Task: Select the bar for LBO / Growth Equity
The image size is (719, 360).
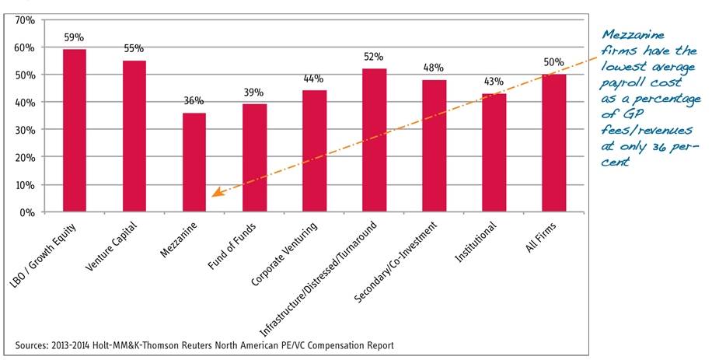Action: [x=75, y=130]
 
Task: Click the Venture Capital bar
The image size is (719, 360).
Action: [x=134, y=136]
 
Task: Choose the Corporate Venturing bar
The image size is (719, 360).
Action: [x=314, y=151]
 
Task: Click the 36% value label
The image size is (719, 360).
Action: [x=194, y=101]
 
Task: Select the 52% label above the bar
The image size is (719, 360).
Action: [x=375, y=56]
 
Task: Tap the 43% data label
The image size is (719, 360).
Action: [x=494, y=81]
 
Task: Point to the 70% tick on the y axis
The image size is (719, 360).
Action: [x=26, y=19]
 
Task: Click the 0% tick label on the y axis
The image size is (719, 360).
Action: [x=28, y=212]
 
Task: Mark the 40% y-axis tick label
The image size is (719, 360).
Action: [x=26, y=102]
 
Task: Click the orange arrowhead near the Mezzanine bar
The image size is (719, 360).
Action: [x=217, y=194]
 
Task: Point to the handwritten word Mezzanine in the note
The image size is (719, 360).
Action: [x=631, y=35]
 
